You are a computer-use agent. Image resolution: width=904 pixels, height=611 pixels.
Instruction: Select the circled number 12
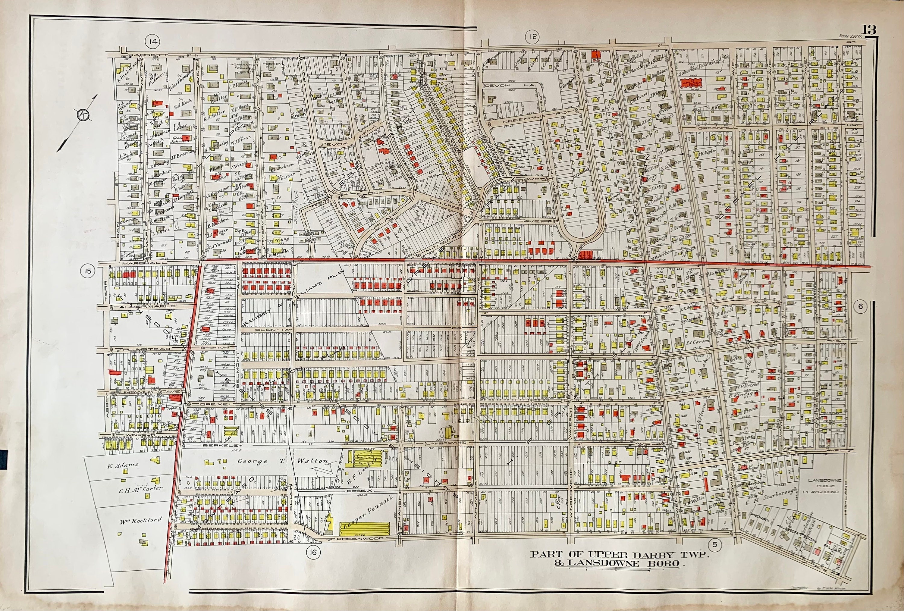(532, 37)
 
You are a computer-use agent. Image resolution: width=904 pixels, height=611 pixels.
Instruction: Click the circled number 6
(860, 306)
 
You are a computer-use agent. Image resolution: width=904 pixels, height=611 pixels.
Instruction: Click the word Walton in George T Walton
(313, 461)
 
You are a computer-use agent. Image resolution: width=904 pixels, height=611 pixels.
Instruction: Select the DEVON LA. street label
(509, 84)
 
